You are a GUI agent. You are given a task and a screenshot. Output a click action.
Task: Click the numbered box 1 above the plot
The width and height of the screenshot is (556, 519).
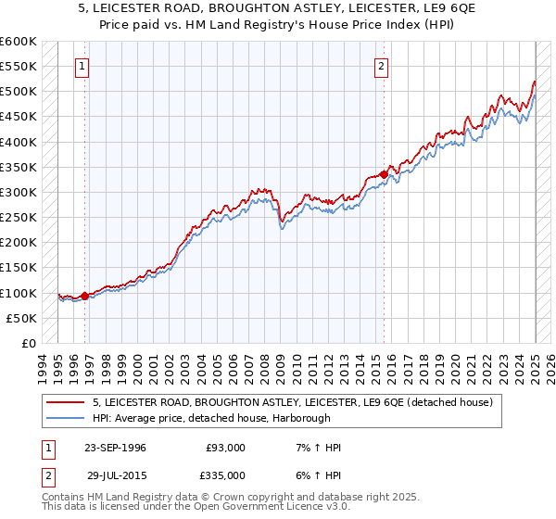click(x=83, y=66)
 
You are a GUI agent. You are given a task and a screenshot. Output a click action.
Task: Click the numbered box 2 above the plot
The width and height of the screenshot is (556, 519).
click(x=382, y=66)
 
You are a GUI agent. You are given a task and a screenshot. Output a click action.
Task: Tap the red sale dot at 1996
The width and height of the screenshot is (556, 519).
click(x=84, y=297)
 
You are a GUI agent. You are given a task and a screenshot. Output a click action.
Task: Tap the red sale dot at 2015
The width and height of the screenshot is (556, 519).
click(x=384, y=174)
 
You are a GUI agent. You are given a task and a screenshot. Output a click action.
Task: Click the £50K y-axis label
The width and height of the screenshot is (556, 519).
click(x=22, y=318)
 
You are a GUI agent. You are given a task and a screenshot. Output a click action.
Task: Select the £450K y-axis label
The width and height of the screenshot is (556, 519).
click(x=19, y=117)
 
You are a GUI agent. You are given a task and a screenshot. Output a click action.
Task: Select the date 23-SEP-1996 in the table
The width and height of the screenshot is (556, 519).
click(x=115, y=448)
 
